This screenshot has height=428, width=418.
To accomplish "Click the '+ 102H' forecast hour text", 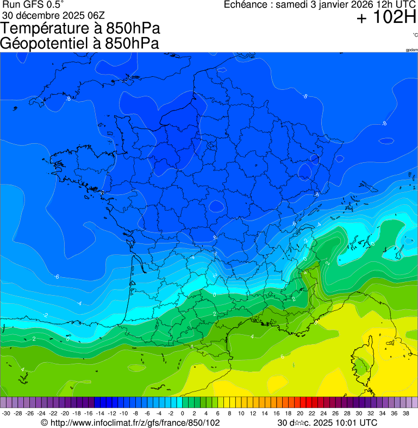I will pyautogui.click(x=386, y=18).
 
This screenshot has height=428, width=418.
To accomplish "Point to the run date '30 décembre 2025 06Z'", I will pyautogui.click(x=57, y=15).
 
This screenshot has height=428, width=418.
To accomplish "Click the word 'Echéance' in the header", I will pyautogui.click(x=247, y=5).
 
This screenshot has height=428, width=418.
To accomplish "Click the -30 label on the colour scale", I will pyautogui.click(x=6, y=413).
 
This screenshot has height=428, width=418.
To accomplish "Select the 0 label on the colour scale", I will pyautogui.click(x=182, y=413).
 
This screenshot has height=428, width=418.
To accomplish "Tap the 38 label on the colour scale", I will pyautogui.click(x=405, y=413).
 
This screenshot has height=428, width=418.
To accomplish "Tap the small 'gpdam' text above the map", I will pyautogui.click(x=411, y=50).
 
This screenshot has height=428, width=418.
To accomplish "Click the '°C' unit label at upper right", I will pyautogui.click(x=415, y=35).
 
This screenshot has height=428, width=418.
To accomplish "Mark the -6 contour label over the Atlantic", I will pyautogui.click(x=57, y=277).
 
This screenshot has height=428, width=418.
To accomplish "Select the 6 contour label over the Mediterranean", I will pyautogui.click(x=282, y=357).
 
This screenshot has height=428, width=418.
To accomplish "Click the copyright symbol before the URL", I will pyautogui.click(x=45, y=423).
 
